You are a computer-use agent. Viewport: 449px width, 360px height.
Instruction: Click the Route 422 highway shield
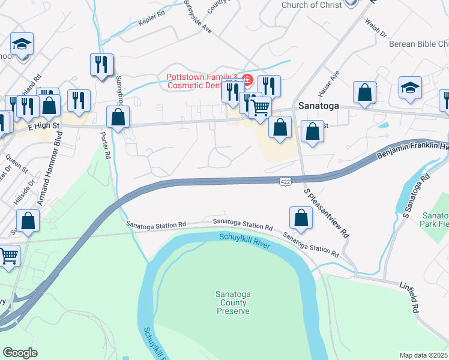[285, 181]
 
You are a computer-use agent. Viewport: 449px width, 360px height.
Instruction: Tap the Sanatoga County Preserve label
[233, 302]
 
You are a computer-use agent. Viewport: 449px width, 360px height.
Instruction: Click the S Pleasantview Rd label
[326, 213]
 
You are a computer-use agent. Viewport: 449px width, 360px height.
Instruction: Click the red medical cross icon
[247, 79]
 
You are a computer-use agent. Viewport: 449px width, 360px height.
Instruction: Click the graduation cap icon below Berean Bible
[410, 88]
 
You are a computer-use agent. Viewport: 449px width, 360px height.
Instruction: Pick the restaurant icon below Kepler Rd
[101, 64]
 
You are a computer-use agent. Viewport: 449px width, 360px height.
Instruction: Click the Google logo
[20, 352]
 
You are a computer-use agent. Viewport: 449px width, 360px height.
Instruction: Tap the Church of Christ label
[312, 5]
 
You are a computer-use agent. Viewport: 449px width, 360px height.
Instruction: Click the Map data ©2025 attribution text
[424, 355]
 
